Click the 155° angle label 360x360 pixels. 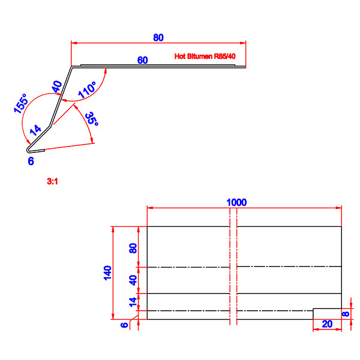tap(21, 104)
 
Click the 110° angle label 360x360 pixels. tap(87, 90)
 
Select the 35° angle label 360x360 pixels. tap(92, 119)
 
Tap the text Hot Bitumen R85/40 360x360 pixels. tap(205, 56)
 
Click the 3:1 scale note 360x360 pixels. tap(52, 181)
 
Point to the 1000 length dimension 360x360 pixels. tap(236, 203)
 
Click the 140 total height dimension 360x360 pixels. tap(107, 273)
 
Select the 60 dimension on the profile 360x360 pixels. tap(142, 60)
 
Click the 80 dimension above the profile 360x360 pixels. tap(158, 38)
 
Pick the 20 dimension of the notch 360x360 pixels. tap(327, 324)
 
